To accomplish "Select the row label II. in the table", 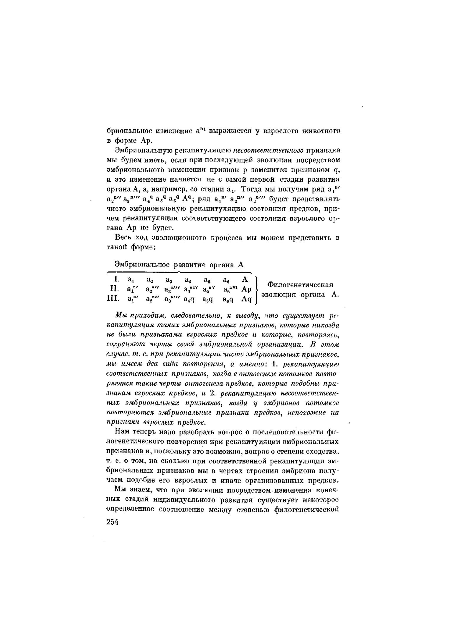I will tap(115, 289).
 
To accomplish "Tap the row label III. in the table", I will tap(113, 299).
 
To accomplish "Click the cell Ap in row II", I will tap(246, 290).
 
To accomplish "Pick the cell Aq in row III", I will tap(246, 299).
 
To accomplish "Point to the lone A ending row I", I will tap(245, 279).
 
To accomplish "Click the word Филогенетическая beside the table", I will tap(300, 285).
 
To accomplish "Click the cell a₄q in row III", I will tap(189, 299).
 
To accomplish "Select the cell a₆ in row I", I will tap(226, 280).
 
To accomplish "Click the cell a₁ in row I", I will tap(131, 280).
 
